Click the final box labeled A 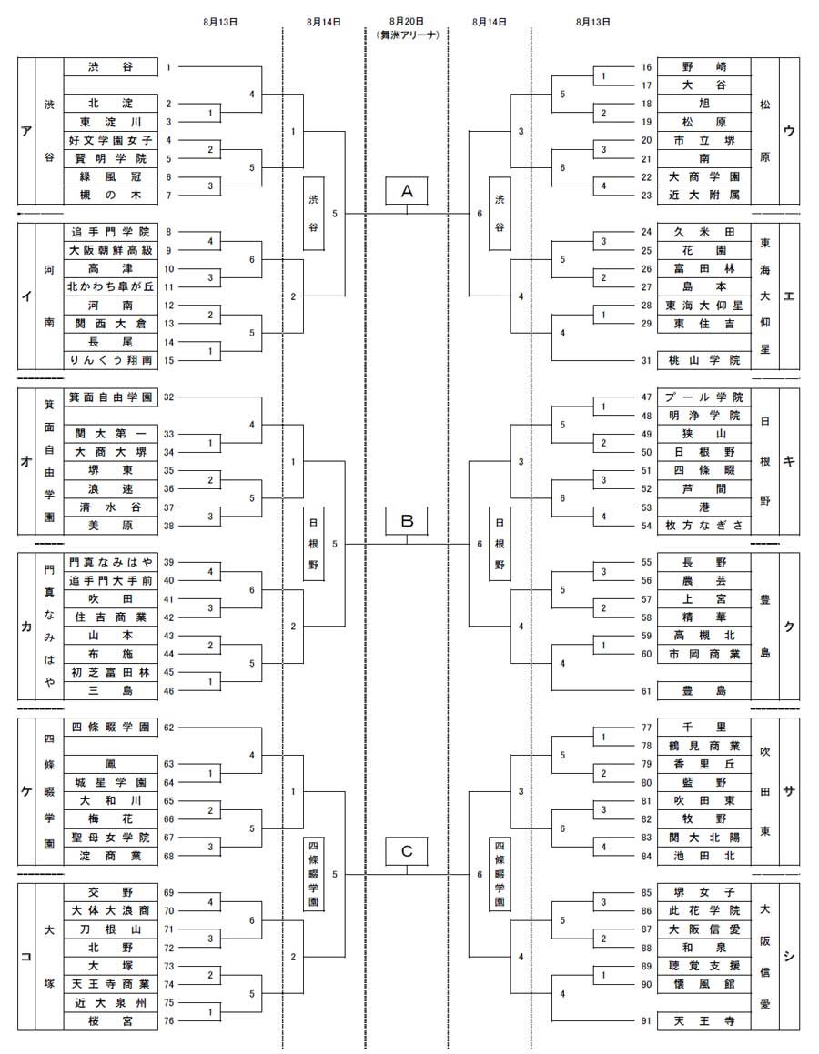407,192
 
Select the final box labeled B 407,521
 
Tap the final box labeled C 407,852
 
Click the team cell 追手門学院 111,232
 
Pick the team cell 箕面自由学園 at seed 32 111,397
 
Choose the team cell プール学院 704,397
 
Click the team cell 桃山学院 704,360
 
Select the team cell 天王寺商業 111,984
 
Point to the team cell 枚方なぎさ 704,526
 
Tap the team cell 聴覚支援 704,966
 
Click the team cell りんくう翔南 111,360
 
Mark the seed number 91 646,1021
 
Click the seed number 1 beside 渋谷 168,67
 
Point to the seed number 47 646,397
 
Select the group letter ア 26,131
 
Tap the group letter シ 789,957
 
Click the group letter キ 789,461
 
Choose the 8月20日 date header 407,22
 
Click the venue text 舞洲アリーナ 407,35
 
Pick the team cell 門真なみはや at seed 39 111,563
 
